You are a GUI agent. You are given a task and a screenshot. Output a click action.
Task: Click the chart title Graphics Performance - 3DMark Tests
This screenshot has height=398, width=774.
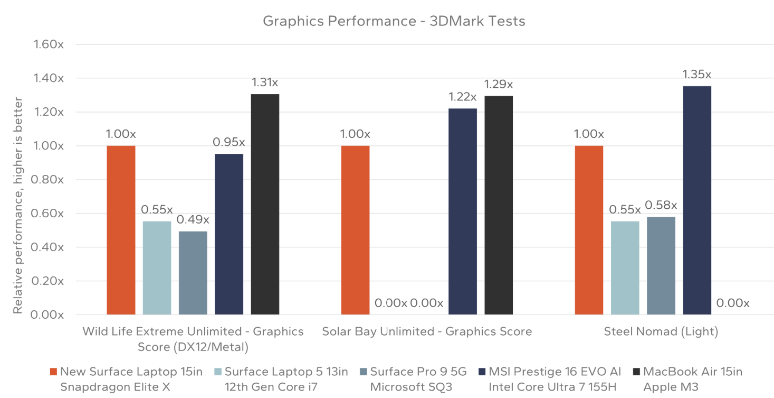(x=394, y=21)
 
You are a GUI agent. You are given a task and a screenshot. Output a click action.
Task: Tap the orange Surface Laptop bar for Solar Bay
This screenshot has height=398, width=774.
(x=355, y=230)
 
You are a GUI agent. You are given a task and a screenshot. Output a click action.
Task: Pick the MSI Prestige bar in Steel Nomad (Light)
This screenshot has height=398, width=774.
(x=697, y=200)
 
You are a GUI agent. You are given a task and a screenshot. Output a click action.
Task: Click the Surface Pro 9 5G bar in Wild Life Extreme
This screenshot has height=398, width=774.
(x=193, y=273)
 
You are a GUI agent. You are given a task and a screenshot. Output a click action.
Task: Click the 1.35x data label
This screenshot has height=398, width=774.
(x=697, y=75)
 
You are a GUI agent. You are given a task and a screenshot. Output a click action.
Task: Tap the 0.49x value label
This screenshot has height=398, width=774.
(x=193, y=219)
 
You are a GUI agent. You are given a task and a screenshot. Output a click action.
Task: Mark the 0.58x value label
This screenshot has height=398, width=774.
(x=661, y=205)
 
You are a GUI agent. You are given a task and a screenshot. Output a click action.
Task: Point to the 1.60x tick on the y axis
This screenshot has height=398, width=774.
(x=48, y=44)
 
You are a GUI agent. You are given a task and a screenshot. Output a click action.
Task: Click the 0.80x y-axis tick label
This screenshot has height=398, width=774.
(x=48, y=180)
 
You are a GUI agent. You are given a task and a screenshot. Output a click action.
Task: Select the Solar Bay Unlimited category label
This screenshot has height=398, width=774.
(x=427, y=331)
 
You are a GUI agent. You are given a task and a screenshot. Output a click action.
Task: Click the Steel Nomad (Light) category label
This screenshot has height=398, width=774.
(x=661, y=331)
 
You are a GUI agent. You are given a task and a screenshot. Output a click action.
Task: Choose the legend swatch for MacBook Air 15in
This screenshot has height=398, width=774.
(x=635, y=372)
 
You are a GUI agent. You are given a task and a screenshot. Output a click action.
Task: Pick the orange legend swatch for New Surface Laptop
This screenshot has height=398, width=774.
(x=53, y=372)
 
